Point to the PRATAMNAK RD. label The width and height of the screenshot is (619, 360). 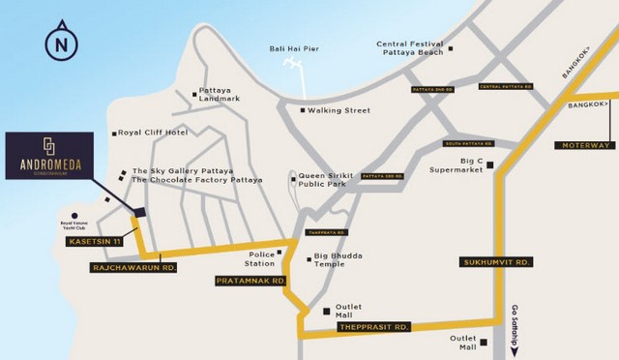[x=251, y=281]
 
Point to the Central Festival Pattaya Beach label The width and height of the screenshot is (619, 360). [x=410, y=49]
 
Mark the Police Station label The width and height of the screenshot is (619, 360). [x=258, y=257]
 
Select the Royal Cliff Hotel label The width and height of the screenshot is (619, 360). [x=152, y=133]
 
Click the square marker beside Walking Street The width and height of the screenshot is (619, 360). [x=303, y=110]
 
